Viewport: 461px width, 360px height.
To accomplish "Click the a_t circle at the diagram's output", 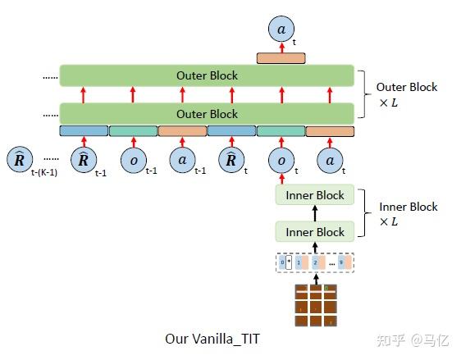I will (281, 30).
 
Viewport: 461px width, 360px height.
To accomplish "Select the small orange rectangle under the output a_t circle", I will (281, 58).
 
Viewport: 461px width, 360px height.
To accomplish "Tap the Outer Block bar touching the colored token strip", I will (207, 113).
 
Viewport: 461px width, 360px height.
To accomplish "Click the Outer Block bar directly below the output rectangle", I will (207, 75).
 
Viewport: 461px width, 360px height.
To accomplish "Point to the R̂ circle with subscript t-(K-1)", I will (18, 159).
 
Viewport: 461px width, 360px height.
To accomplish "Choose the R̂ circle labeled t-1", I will (84, 159).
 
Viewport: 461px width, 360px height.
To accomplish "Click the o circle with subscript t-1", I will (133, 159).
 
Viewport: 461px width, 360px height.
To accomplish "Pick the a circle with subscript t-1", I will (182, 159).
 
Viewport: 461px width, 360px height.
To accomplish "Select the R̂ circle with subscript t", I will (231, 159).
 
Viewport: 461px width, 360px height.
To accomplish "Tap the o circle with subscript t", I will (281, 159).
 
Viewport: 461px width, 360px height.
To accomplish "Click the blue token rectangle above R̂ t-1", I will (84, 130).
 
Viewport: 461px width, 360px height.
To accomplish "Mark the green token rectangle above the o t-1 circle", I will (133, 130).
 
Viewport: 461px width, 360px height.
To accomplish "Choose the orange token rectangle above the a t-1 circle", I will (182, 130).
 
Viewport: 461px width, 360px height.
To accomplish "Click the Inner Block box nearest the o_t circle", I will (315, 195).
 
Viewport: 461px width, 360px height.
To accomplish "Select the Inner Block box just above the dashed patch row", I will (315, 231).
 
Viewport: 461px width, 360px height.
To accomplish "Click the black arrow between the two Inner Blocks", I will (315, 213).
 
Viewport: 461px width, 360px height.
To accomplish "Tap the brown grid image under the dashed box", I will (315, 303).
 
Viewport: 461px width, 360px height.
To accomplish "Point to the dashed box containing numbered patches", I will (315, 262).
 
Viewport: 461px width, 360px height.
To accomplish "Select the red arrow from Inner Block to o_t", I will (281, 180).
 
